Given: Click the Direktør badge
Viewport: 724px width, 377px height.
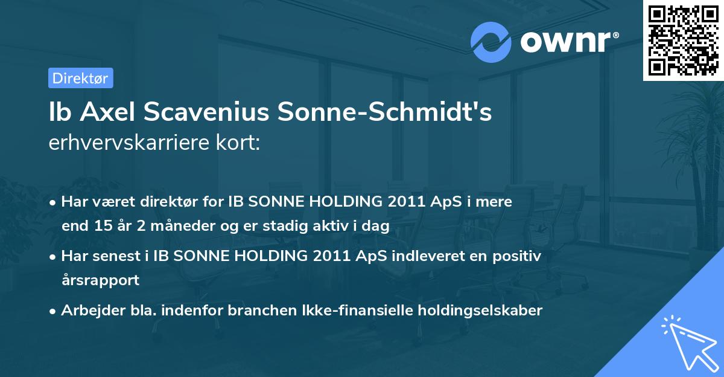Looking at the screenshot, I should point(80,78).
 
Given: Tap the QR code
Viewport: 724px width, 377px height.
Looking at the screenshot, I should point(684,40).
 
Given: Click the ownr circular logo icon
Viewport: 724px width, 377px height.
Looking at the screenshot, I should point(491,42).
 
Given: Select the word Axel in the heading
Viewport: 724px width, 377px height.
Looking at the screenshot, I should point(104,112).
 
